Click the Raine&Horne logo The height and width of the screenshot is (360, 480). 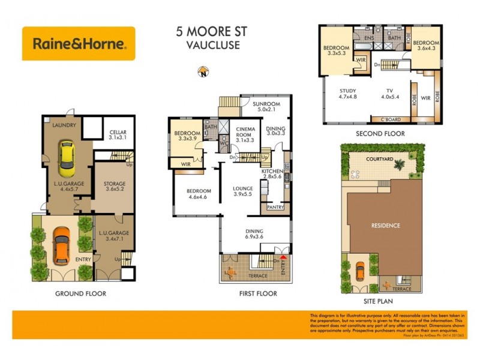click(x=79, y=43)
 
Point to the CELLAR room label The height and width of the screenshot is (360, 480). click(x=118, y=134)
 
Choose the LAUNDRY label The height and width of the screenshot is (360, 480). click(x=62, y=125)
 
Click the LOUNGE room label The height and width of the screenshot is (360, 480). click(x=243, y=188)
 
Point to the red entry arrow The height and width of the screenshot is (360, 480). click(x=284, y=257)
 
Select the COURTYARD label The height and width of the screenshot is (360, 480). click(x=380, y=159)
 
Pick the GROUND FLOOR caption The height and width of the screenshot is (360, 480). click(x=80, y=293)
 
